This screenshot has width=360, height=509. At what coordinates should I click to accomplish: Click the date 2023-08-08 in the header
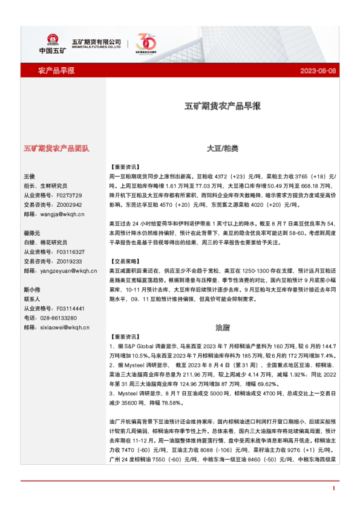[318, 71]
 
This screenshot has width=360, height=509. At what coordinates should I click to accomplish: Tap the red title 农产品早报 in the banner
[56, 71]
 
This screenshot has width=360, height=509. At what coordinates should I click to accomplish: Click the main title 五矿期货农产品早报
[222, 106]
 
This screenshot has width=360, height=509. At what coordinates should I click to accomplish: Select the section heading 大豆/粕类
[222, 148]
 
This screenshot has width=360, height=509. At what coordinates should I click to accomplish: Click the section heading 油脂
[222, 328]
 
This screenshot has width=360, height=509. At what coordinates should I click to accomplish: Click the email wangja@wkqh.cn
[54, 213]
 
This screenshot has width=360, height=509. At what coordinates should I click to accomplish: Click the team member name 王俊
[30, 176]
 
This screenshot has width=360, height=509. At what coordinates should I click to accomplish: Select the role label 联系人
[32, 299]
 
